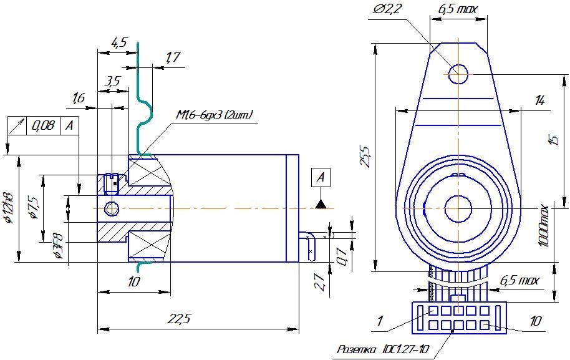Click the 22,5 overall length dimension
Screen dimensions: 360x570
tap(178, 319)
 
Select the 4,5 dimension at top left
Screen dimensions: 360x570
tap(118, 42)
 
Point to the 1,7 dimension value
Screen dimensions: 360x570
tap(173, 58)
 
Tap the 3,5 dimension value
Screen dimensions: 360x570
tap(113, 81)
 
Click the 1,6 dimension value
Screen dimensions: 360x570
tap(79, 98)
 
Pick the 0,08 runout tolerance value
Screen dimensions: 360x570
tap(42, 126)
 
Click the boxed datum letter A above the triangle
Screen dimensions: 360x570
tap(321, 177)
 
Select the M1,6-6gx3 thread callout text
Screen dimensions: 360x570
tap(214, 115)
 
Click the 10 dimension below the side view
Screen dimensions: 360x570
tap(133, 282)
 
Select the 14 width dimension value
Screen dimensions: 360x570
tap(540, 100)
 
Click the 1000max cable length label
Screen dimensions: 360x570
tap(544, 225)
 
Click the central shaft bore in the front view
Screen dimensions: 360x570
tap(457, 207)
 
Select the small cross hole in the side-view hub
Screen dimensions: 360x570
tap(112, 208)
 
